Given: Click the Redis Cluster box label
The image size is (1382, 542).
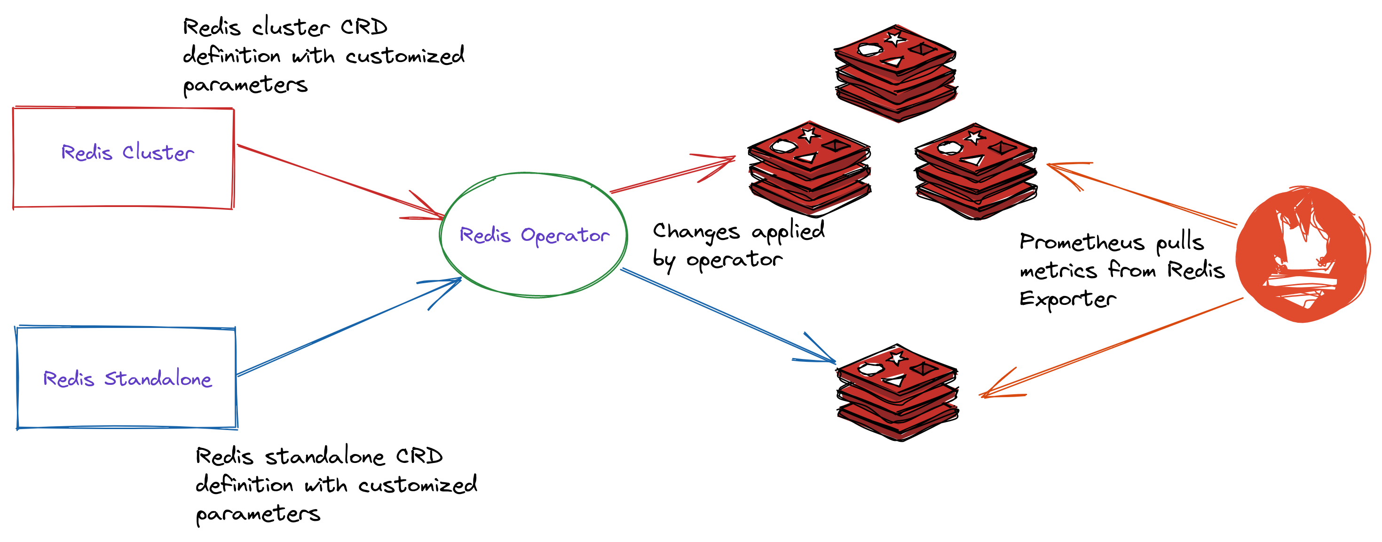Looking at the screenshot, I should click(128, 153).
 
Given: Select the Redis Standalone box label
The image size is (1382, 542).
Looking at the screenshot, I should click(128, 379).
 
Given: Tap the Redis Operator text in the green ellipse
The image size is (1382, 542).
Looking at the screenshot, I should click(534, 236).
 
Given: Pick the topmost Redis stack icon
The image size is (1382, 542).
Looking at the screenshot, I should click(895, 72).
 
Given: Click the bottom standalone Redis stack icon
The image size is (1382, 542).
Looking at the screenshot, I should click(898, 392).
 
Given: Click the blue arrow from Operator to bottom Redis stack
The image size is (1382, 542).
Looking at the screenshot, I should click(724, 313).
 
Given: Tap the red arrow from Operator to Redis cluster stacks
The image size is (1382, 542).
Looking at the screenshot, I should click(671, 175).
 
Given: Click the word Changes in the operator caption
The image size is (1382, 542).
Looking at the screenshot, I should click(696, 231).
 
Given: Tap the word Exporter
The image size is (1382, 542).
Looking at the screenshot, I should click(1067, 299).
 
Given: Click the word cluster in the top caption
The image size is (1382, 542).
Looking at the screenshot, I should click(290, 27).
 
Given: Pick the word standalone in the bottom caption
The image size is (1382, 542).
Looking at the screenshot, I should click(324, 457).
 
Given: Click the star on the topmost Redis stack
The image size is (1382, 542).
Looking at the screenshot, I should click(894, 39).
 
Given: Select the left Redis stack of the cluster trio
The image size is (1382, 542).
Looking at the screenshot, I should click(809, 168).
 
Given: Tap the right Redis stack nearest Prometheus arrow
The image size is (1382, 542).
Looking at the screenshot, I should click(976, 171).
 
